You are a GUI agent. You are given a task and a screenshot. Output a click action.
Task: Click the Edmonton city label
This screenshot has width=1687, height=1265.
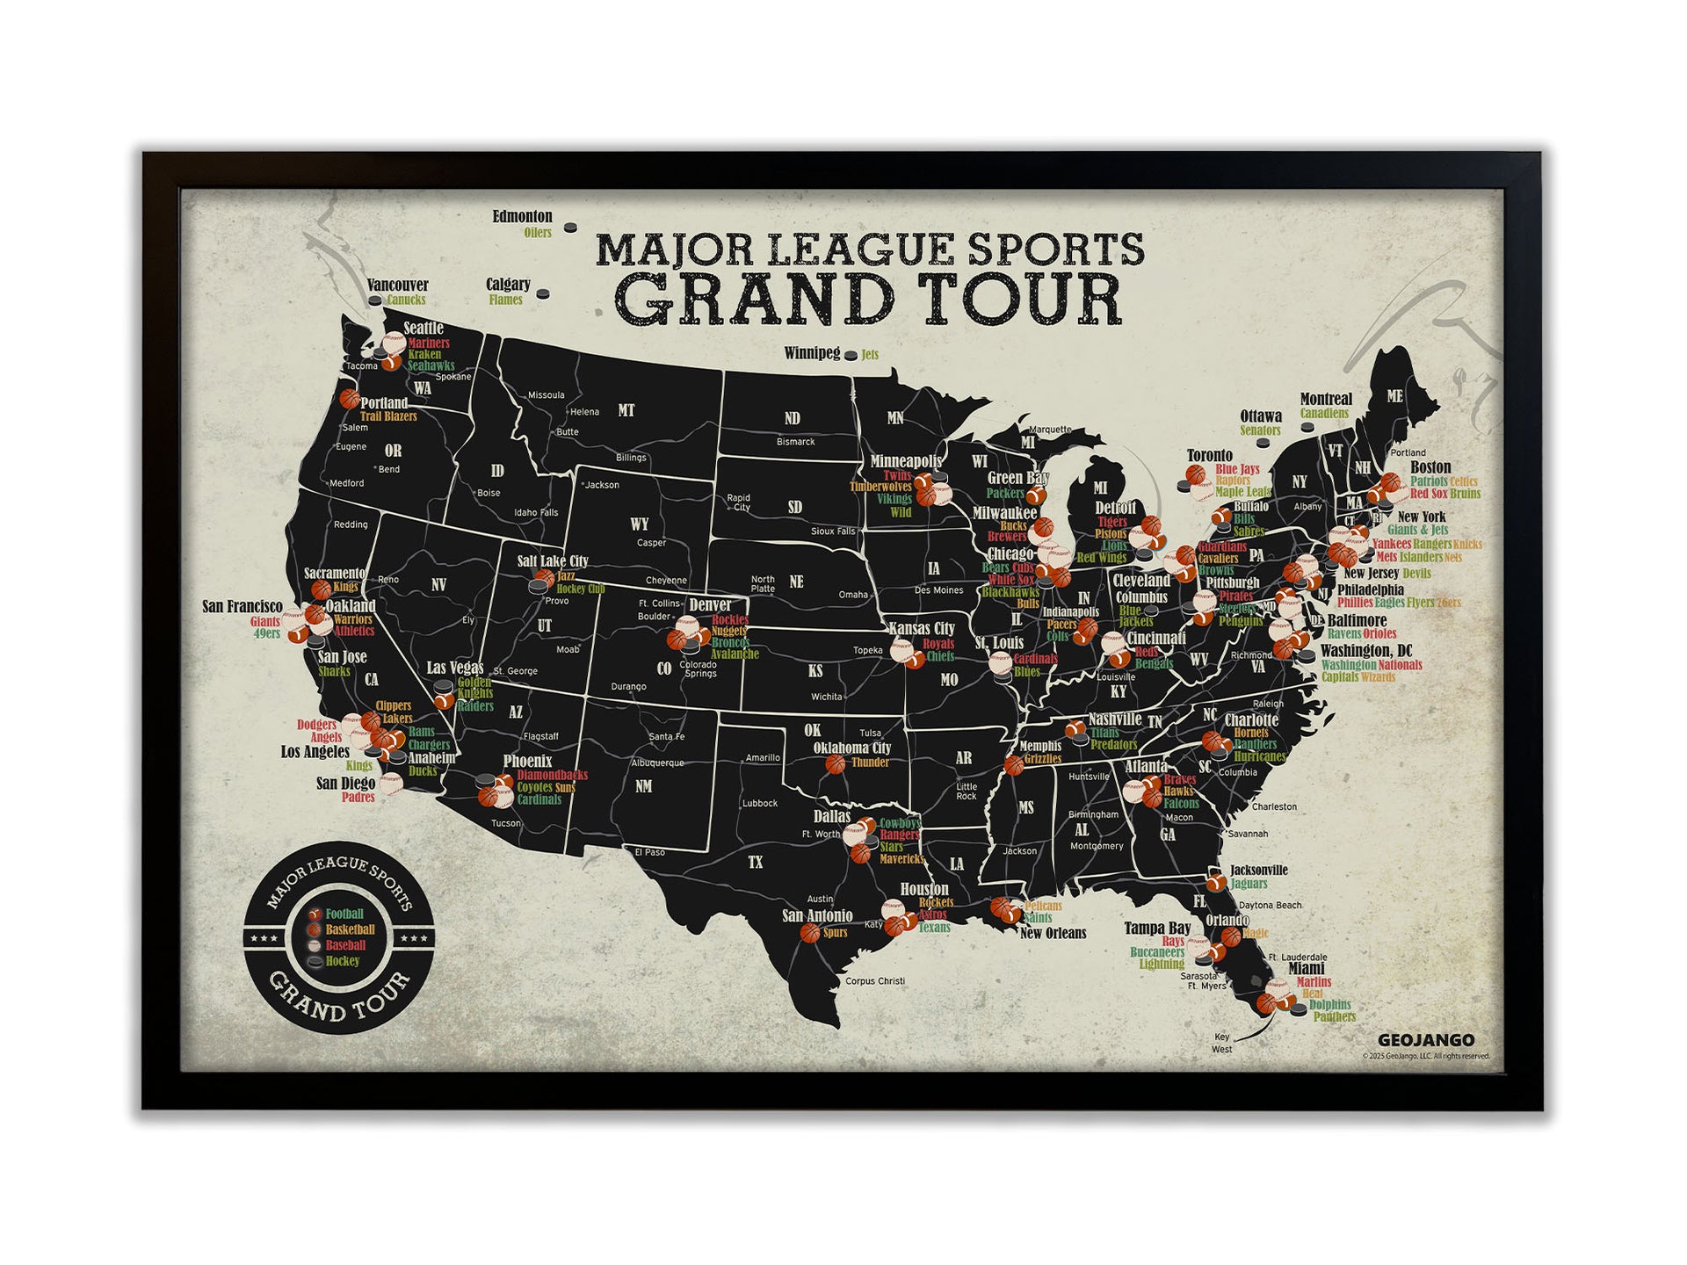coord(522,216)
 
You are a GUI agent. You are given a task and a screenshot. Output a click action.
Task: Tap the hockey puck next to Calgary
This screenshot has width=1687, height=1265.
coord(543,294)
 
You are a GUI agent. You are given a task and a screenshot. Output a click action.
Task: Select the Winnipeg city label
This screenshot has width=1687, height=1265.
coord(812,353)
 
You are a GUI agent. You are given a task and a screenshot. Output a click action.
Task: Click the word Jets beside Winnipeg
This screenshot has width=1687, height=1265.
coord(870,355)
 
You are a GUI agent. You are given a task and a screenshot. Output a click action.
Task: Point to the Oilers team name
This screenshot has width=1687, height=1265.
coord(538,233)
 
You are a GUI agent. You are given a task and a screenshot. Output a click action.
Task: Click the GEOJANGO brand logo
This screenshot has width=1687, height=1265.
coord(1426,1041)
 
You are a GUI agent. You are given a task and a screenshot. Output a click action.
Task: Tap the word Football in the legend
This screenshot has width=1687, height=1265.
coord(344,914)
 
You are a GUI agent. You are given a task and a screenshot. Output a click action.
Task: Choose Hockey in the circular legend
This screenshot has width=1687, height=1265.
coord(343,961)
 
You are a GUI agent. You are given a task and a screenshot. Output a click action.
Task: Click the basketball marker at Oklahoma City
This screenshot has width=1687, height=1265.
coord(835,764)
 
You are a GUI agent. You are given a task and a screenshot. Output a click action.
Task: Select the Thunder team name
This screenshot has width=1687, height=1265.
coord(871,763)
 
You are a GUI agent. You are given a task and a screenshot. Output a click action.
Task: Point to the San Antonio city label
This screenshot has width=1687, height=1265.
coord(817,915)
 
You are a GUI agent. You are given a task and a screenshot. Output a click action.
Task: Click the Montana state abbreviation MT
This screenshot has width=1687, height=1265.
coord(626,410)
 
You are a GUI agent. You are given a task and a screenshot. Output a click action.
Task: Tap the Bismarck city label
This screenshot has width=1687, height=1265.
coord(795,442)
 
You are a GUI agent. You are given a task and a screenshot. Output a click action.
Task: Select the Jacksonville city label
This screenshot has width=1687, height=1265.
coord(1258,871)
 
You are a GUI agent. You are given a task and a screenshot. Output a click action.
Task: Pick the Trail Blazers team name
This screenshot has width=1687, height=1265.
coord(388,416)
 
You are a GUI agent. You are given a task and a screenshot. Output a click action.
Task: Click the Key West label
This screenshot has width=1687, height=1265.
coord(1221,1043)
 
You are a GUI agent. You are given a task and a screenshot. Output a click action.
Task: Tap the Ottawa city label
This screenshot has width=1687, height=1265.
coord(1260,416)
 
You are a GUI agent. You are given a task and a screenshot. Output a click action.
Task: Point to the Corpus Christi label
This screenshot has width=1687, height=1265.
coord(874,981)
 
